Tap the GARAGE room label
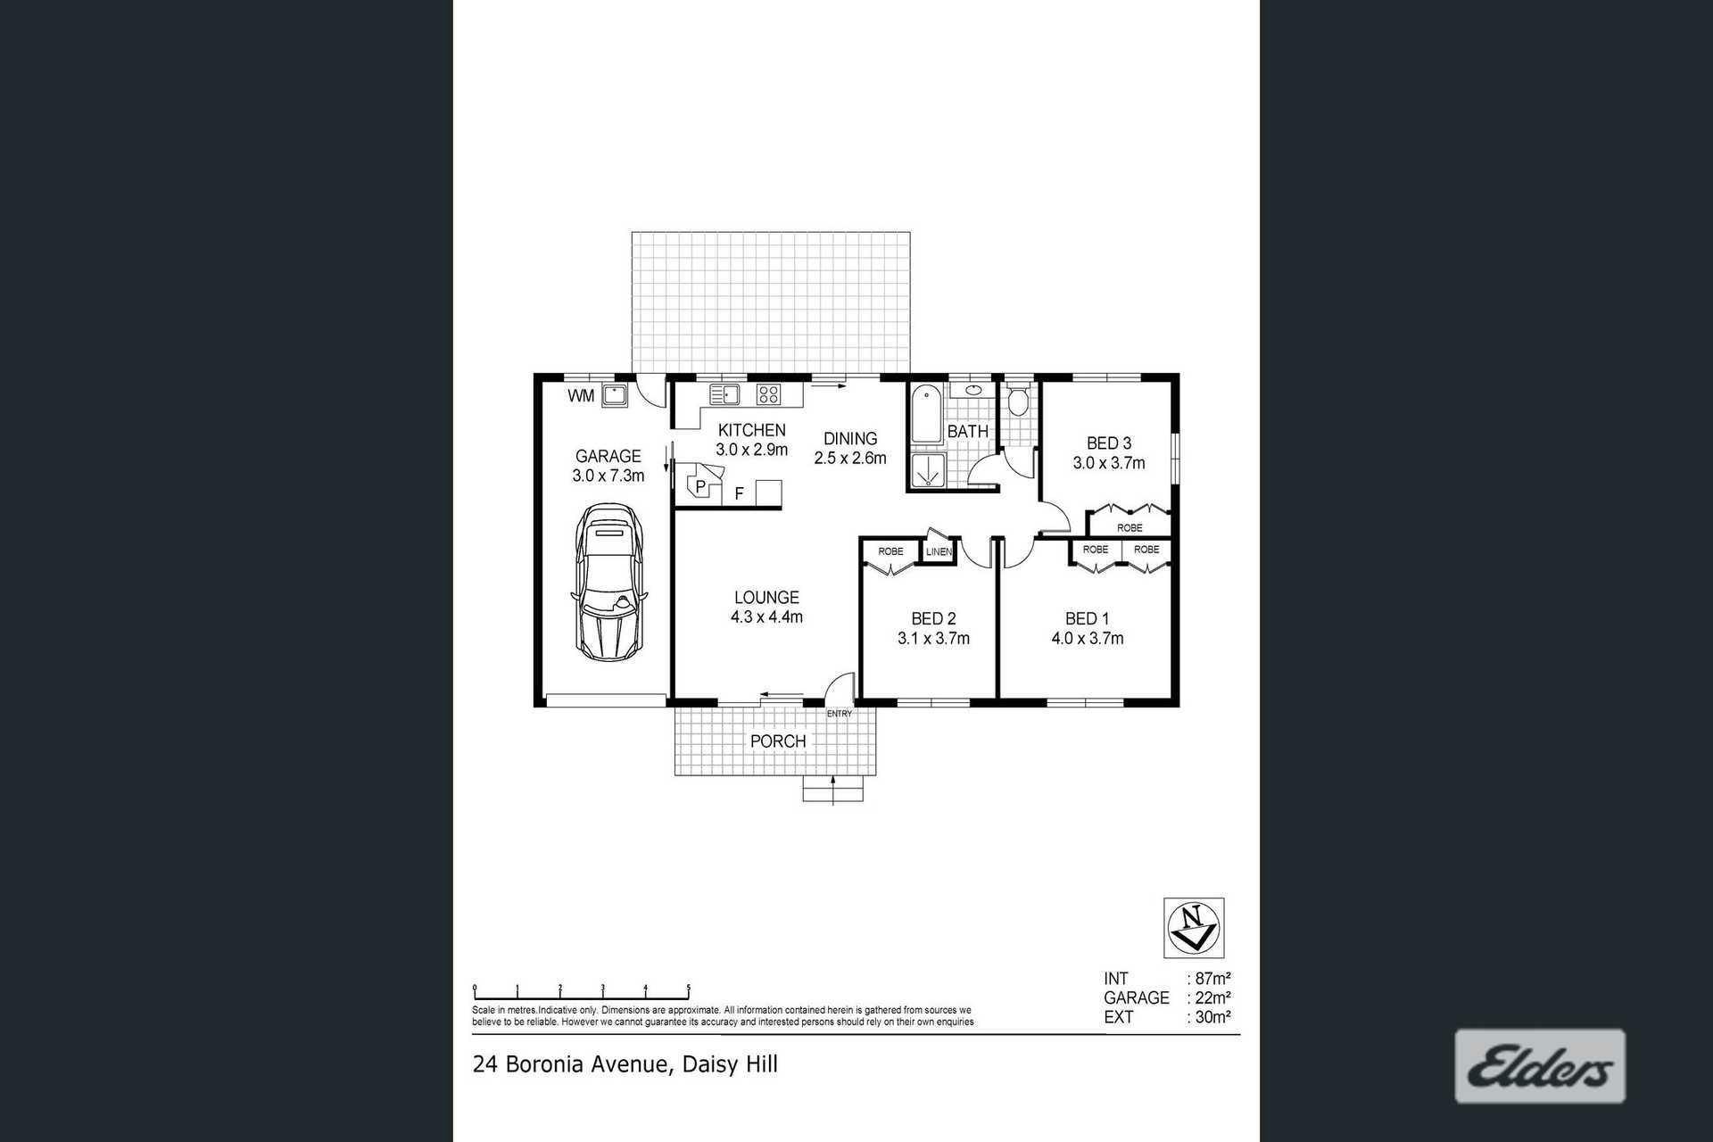click(x=608, y=457)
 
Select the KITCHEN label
click(x=752, y=431)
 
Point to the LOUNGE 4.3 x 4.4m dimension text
click(x=766, y=617)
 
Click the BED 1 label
click(x=1087, y=618)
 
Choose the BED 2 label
click(x=933, y=618)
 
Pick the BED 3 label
click(x=1109, y=443)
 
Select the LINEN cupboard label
click(x=939, y=552)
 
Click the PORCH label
click(x=778, y=741)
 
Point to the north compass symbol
click(x=1194, y=928)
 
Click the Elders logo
click(x=1540, y=1066)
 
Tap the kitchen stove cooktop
click(x=768, y=393)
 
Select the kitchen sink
click(x=724, y=393)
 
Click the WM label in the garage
click(x=581, y=396)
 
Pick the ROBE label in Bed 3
click(x=1130, y=528)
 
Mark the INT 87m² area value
click(x=1213, y=979)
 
